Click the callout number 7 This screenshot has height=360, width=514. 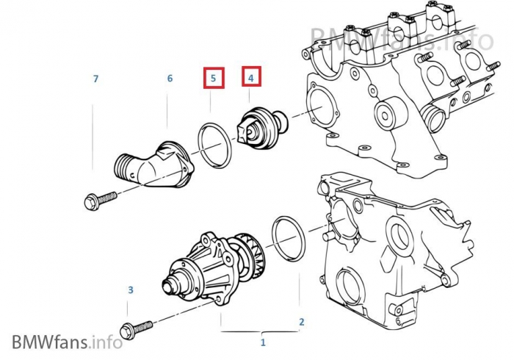click(x=95, y=79)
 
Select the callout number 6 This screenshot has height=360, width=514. click(x=170, y=79)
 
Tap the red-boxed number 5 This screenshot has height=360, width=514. click(x=214, y=78)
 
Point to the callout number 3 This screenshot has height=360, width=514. click(x=131, y=289)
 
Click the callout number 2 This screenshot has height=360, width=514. click(x=302, y=322)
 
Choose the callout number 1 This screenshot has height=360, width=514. click(x=263, y=342)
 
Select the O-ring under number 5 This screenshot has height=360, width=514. click(x=214, y=145)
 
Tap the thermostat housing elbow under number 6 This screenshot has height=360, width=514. click(x=153, y=165)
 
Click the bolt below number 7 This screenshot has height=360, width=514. click(x=101, y=199)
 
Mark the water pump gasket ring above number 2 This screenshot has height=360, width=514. click(x=289, y=239)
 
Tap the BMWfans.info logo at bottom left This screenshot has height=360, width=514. click(x=68, y=342)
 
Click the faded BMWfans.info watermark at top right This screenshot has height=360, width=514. click(x=402, y=39)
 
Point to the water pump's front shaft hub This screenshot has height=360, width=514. click(x=171, y=284)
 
